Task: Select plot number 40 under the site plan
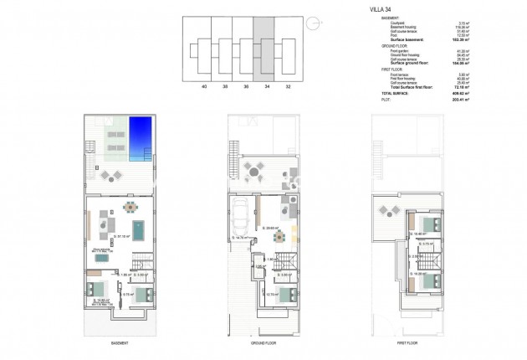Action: point(204,85)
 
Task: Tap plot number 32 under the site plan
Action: point(289,85)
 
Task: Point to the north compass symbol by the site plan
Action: point(311,23)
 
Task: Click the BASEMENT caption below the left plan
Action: point(119,343)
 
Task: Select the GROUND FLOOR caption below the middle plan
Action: point(263,343)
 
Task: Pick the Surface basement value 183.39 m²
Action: point(435,39)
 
